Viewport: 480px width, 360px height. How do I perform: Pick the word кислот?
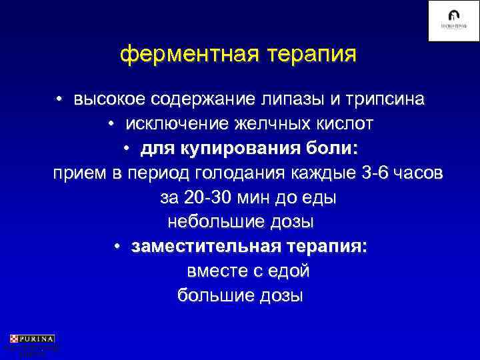340,124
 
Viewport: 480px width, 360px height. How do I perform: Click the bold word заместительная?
206,247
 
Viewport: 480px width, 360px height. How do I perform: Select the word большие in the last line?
215,295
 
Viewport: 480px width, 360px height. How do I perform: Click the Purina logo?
32,339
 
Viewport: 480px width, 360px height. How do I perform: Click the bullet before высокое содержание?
59,100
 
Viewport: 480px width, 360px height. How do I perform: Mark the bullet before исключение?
111,124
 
